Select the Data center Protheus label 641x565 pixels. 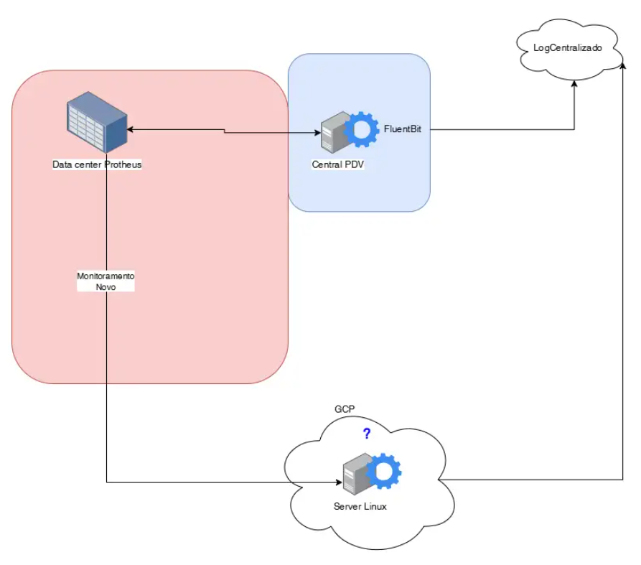point(97,164)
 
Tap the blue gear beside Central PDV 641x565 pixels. point(361,130)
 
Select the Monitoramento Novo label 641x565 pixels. point(106,281)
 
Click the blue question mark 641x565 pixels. point(366,434)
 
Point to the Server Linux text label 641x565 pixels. point(360,506)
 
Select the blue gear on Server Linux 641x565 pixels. point(383,472)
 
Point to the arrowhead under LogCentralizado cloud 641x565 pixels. point(574,83)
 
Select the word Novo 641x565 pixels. point(106,286)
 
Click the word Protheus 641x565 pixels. point(123,164)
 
